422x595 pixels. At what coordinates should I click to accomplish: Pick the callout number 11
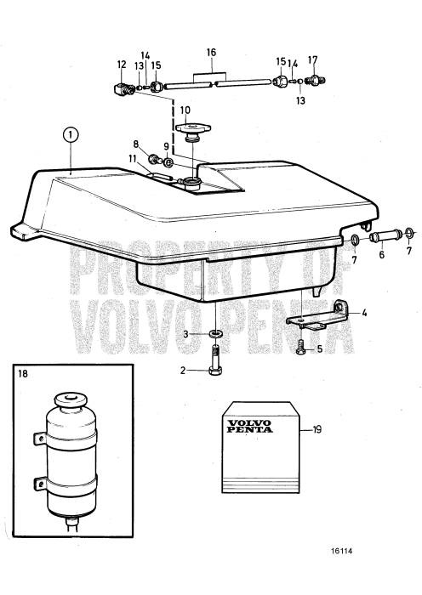coord(133,159)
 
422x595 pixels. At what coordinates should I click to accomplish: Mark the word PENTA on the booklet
coord(248,431)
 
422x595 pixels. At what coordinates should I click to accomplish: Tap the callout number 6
coord(382,253)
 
